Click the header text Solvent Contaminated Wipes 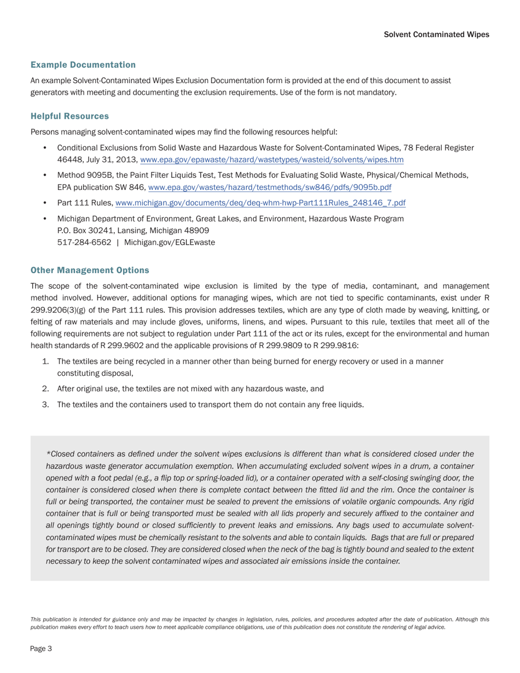pos(436,34)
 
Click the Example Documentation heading pos(83,65)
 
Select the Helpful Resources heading pos(70,117)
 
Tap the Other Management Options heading pos(90,270)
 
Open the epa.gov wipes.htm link pos(272,160)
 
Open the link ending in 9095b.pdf pos(270,187)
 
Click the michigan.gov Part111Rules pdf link pos(261,203)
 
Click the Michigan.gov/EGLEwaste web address pos(170,242)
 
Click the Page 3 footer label pos(41,649)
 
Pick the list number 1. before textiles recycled pos(45,362)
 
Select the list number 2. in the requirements pos(45,389)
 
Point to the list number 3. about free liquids pos(45,405)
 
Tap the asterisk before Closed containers pos(48,454)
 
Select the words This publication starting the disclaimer pos(49,619)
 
